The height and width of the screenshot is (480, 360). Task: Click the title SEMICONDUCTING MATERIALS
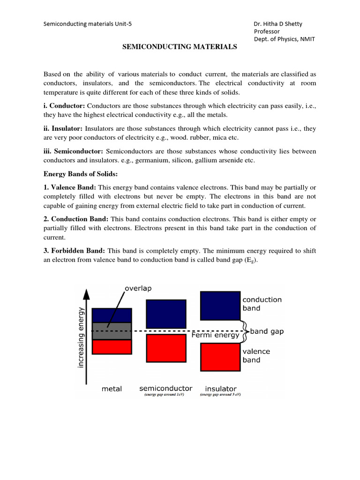coord(180,47)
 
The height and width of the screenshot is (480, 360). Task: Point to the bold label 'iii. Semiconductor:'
coord(73,151)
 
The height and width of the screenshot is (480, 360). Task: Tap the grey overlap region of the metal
coord(112,331)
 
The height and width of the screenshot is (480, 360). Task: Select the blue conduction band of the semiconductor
coord(166,314)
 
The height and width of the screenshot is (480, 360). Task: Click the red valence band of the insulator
coord(220,357)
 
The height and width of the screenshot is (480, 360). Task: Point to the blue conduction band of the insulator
coord(220,305)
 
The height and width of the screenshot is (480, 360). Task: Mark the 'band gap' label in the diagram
coord(267,331)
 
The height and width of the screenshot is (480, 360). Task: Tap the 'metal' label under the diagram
coord(112,389)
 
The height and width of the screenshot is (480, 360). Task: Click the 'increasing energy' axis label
coord(81,337)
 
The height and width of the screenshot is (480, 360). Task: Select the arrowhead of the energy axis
coord(86,293)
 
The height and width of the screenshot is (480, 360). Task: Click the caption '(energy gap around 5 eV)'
coord(220,395)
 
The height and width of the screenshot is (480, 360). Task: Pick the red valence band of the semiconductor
coord(166,348)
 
